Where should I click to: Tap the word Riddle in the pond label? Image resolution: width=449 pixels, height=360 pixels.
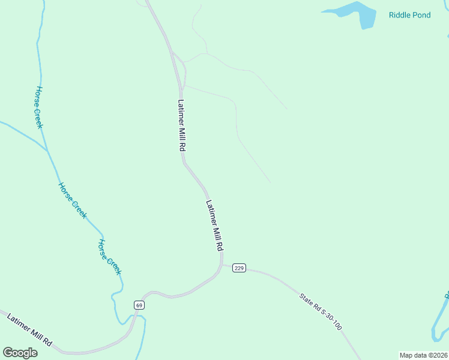(x=400, y=15)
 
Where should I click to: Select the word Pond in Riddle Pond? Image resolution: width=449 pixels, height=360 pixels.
(x=422, y=15)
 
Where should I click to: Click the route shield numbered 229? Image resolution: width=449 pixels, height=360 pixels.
(x=239, y=268)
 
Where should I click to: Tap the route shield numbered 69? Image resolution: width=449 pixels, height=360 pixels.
(x=139, y=305)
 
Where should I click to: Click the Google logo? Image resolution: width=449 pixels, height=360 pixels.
(x=20, y=352)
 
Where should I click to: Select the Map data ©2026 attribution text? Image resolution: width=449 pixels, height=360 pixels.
(x=423, y=355)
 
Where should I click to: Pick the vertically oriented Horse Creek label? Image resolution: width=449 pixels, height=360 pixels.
(x=39, y=107)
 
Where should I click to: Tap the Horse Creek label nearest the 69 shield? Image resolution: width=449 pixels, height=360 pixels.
(x=110, y=257)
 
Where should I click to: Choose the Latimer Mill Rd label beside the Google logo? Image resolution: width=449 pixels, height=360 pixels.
(x=30, y=329)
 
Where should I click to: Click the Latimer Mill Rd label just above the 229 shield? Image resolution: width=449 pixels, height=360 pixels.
(x=215, y=226)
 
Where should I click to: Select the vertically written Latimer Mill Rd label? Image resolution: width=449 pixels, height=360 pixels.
(x=180, y=125)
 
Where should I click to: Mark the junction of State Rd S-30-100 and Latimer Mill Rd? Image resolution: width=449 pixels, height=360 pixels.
(x=222, y=265)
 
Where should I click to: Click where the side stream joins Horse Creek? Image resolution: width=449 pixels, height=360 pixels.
(x=47, y=149)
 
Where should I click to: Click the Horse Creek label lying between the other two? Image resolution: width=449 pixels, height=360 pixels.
(x=73, y=200)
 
